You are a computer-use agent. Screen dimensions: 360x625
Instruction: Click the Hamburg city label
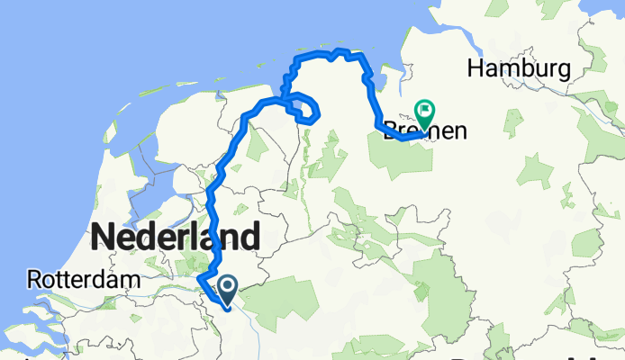tap(519, 68)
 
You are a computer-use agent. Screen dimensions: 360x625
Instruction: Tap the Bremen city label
tap(426, 131)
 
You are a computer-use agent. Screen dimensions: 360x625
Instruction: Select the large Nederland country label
tap(176, 238)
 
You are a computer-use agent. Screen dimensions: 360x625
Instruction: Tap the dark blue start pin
tap(226, 288)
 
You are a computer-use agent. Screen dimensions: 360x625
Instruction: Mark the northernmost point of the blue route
tap(339, 50)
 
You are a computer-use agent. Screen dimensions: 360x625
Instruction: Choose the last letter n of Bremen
tap(459, 132)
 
